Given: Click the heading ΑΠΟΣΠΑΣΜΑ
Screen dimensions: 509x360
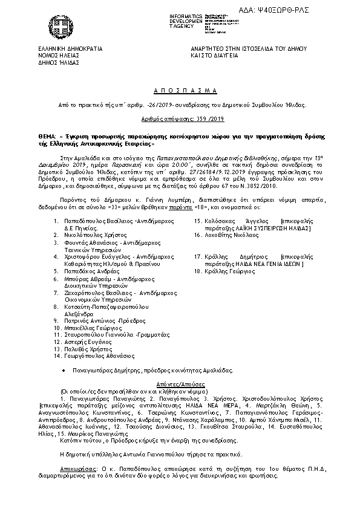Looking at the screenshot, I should (180, 89).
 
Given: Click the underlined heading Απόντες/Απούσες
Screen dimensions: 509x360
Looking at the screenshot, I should (180, 384).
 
